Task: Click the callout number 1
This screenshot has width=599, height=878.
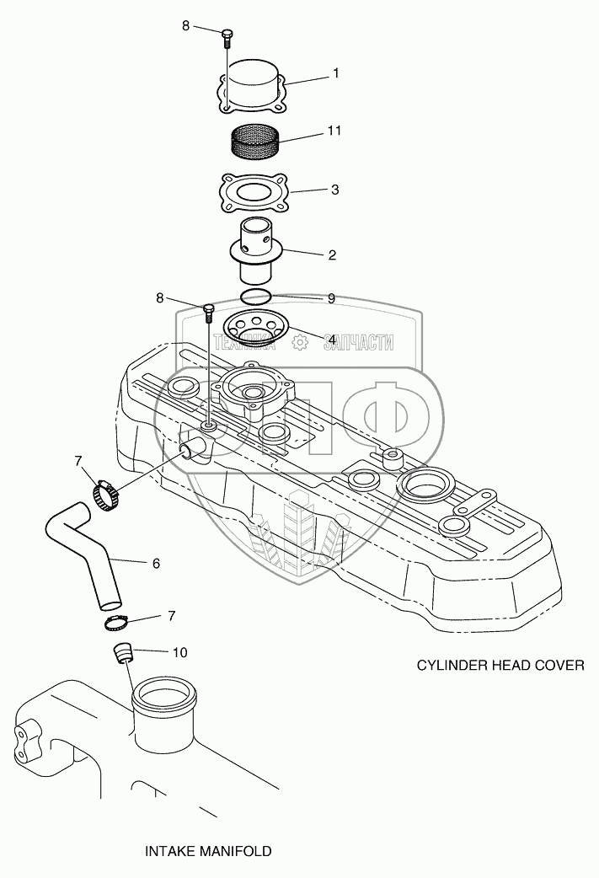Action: [x=335, y=74]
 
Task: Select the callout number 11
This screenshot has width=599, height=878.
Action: [x=335, y=132]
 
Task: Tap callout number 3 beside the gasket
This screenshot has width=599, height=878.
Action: [x=334, y=190]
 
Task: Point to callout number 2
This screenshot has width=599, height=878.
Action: [x=332, y=254]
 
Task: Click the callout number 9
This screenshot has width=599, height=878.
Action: [x=331, y=297]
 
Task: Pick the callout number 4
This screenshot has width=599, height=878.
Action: [x=333, y=339]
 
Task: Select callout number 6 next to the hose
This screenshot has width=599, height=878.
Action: [x=156, y=563]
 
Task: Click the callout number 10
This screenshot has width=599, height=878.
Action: [x=179, y=652]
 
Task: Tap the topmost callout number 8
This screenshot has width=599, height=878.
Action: [x=186, y=26]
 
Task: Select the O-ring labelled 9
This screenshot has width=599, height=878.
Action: [x=255, y=297]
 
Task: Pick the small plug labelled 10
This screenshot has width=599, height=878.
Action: [x=124, y=652]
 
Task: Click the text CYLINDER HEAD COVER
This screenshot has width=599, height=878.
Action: [x=500, y=665]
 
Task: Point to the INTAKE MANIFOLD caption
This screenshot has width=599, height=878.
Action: [x=207, y=851]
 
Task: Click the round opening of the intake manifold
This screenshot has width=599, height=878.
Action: [x=166, y=697]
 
